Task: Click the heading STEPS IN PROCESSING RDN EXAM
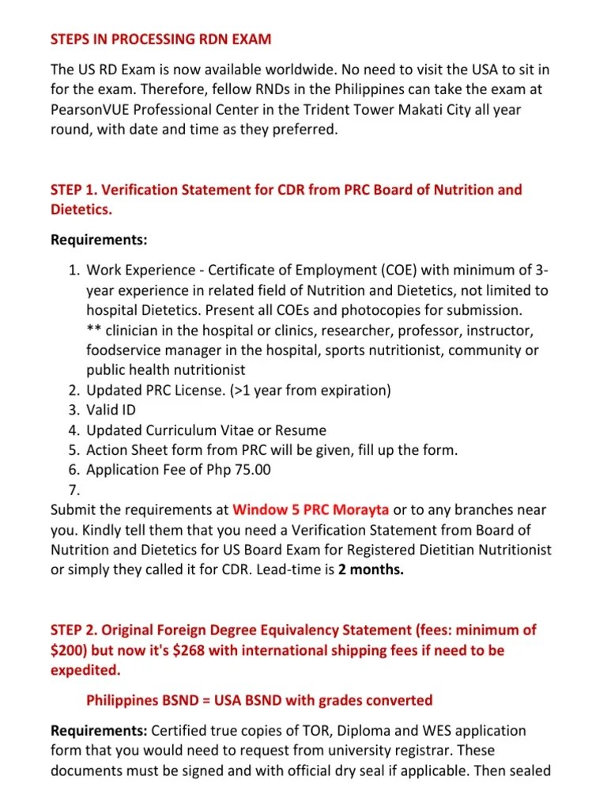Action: coord(160,39)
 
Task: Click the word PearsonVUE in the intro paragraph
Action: coord(92,110)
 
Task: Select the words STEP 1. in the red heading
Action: coord(74,190)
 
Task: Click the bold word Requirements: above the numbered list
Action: coord(99,239)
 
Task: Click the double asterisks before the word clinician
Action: coord(94,330)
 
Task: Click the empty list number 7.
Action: coord(74,490)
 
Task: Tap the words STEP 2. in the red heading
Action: coord(74,630)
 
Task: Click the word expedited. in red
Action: coord(85,670)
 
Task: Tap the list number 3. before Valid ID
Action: coord(74,410)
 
